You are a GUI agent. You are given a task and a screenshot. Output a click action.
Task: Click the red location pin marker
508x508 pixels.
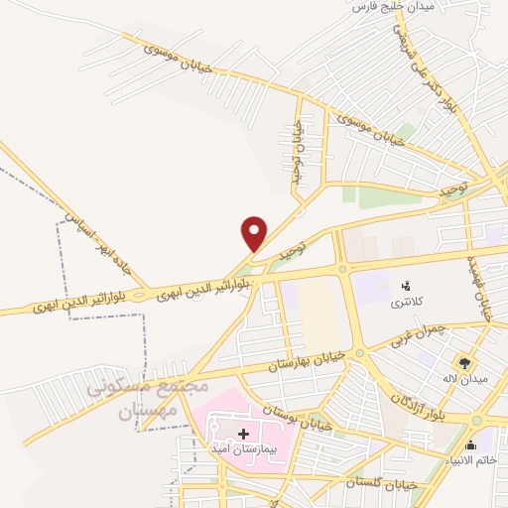(x=255, y=233)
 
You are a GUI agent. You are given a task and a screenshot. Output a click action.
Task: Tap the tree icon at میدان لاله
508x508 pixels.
(x=463, y=362)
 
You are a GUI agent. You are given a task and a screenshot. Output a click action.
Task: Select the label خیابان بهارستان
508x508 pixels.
(x=309, y=360)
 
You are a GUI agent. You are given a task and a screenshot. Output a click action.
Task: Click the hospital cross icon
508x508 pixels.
(x=244, y=435)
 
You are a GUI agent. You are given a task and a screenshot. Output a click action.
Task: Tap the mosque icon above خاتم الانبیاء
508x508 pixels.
(x=483, y=445)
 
